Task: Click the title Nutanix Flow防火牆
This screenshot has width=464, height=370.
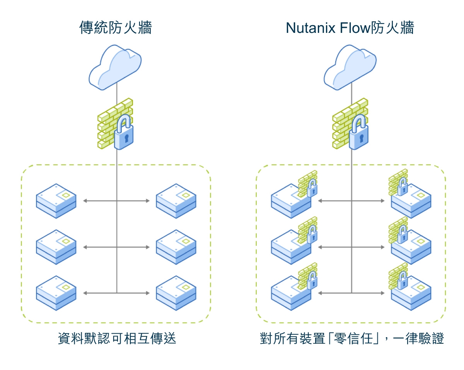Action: [350, 28]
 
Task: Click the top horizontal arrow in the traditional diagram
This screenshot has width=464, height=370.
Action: [116, 201]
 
